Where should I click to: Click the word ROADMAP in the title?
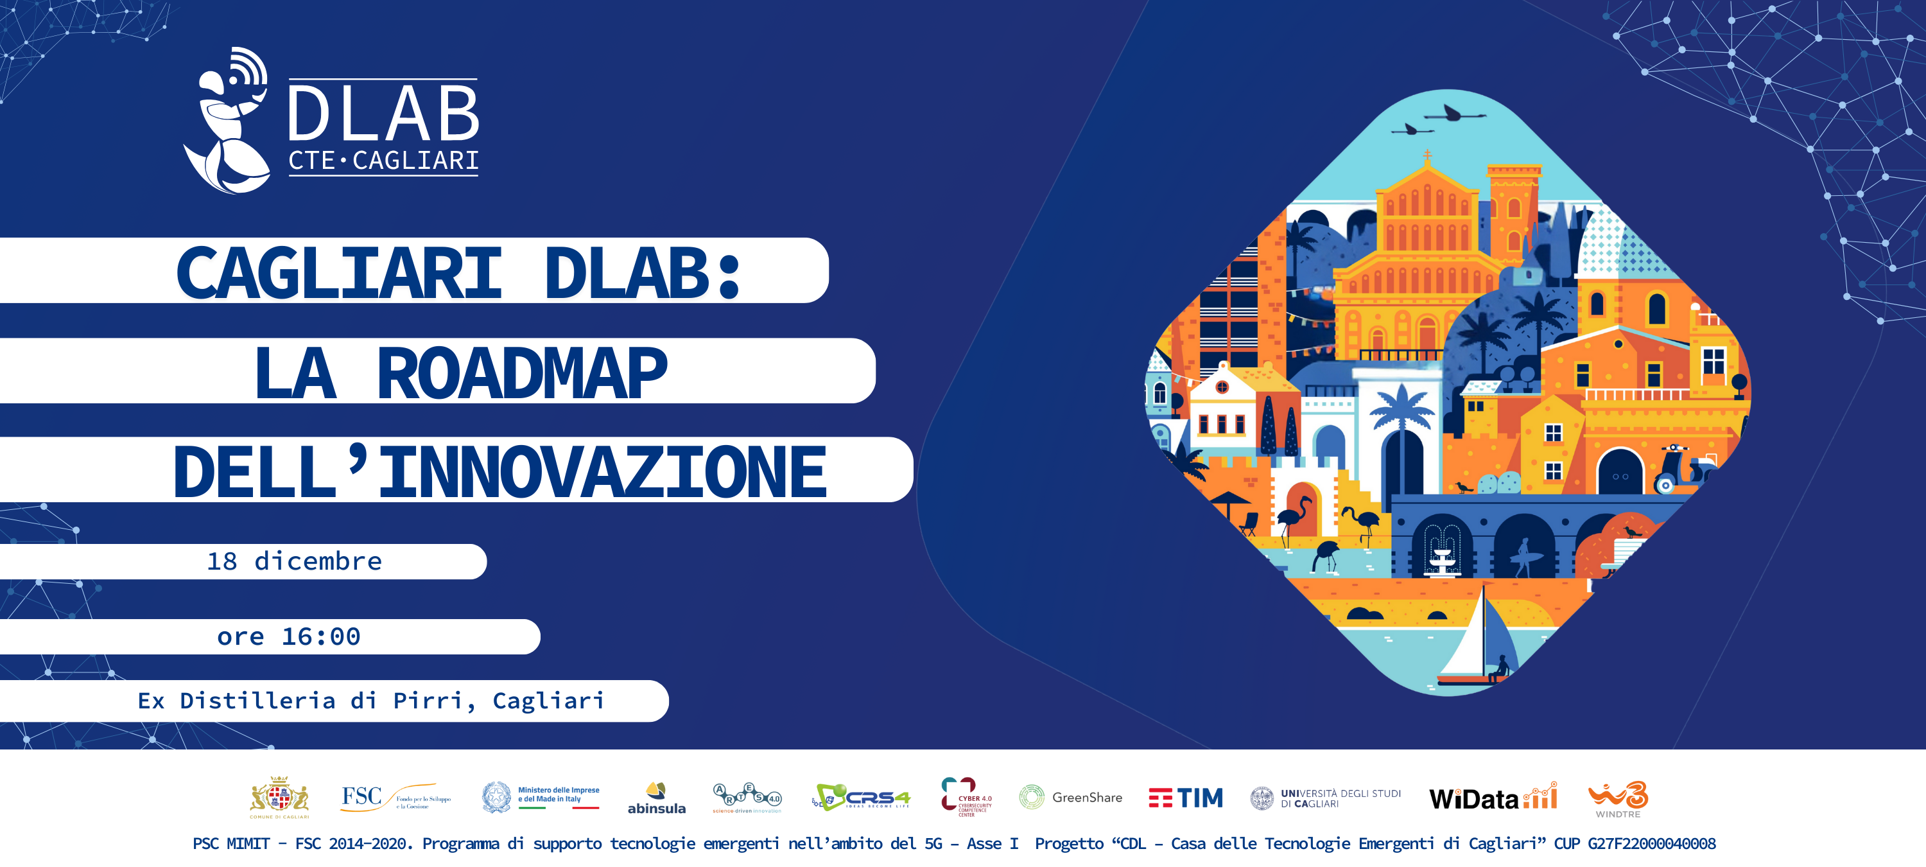[x=522, y=373]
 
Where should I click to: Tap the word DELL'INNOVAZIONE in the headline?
[x=499, y=472]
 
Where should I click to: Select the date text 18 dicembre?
[x=295, y=561]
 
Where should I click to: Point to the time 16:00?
[x=321, y=636]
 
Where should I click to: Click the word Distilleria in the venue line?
[x=257, y=701]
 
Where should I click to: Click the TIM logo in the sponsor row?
[x=1186, y=798]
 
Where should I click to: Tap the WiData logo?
[x=1493, y=798]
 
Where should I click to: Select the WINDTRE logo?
[x=1618, y=799]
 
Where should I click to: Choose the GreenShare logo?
[x=1071, y=798]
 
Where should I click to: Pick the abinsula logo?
[x=655, y=799]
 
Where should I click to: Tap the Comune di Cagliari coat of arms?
[x=279, y=797]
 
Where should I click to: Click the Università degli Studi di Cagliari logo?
[x=1325, y=798]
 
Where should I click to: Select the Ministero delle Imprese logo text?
[x=558, y=794]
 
